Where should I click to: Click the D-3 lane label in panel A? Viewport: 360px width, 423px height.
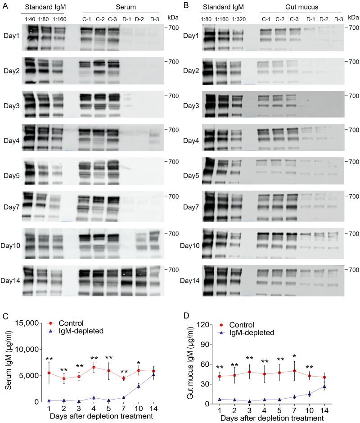click(x=155, y=18)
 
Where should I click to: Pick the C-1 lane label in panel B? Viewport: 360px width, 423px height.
click(x=266, y=18)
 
